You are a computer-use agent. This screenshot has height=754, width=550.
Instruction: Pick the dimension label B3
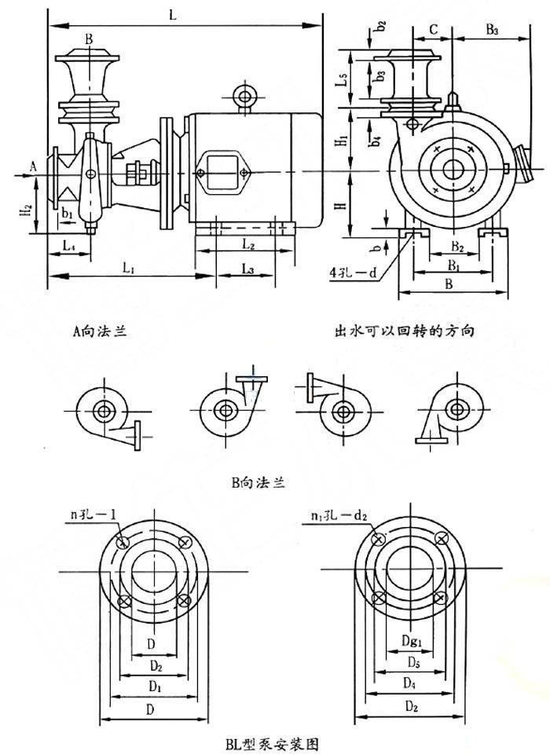(493, 30)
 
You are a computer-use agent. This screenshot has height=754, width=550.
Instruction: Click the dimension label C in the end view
(433, 30)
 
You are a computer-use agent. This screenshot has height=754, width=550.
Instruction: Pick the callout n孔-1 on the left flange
(93, 517)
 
